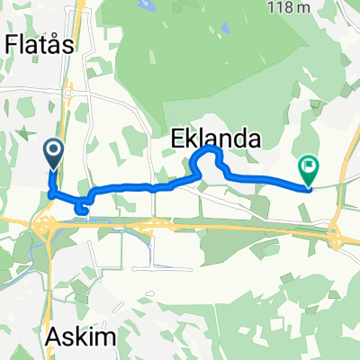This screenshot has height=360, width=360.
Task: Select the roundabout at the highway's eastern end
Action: pyautogui.click(x=336, y=237)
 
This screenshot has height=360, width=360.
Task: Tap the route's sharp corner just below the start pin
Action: pyautogui.click(x=50, y=193)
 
